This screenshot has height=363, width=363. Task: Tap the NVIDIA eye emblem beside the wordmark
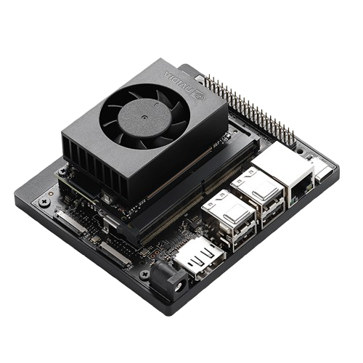[x=200, y=97]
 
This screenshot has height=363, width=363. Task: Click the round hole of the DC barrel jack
[x=179, y=287]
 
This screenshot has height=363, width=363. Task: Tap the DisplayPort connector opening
[x=200, y=260]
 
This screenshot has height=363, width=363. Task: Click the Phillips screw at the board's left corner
[x=44, y=202]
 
